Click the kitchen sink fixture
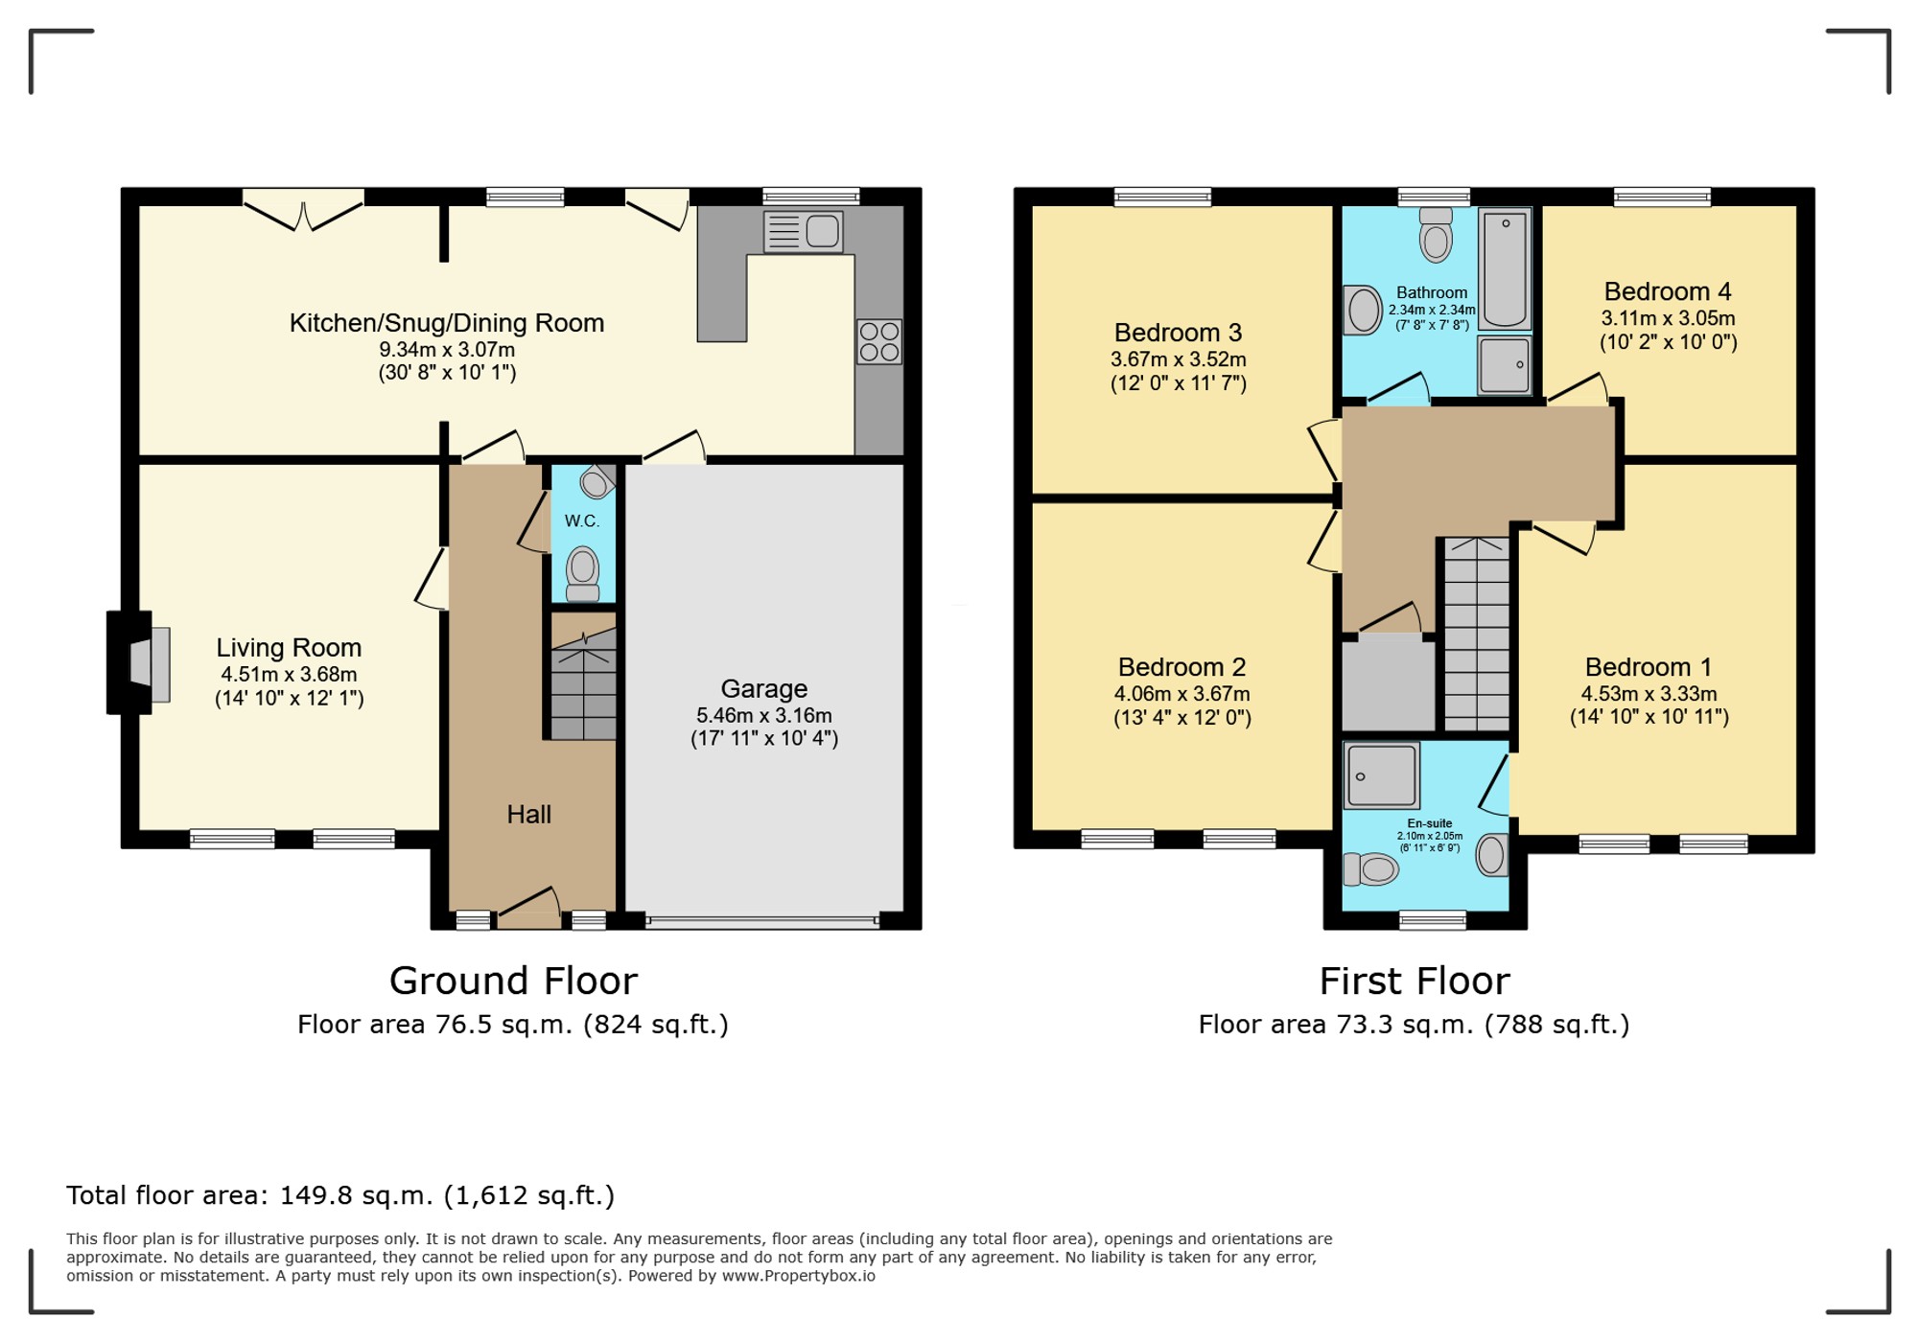point(804,232)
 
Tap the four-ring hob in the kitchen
point(879,341)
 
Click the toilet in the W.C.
point(582,573)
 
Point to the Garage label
point(764,688)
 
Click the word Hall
point(528,814)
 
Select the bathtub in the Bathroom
point(1505,269)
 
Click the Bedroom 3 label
point(1178,333)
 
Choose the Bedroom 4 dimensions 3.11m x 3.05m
point(1668,318)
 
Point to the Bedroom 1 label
point(1649,666)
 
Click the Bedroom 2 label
point(1181,666)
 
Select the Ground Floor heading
point(513,981)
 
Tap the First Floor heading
point(1415,981)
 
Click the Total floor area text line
point(340,1195)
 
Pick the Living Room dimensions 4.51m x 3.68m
point(289,674)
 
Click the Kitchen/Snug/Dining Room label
point(447,323)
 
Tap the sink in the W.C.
point(596,481)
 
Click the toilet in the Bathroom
point(1436,236)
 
